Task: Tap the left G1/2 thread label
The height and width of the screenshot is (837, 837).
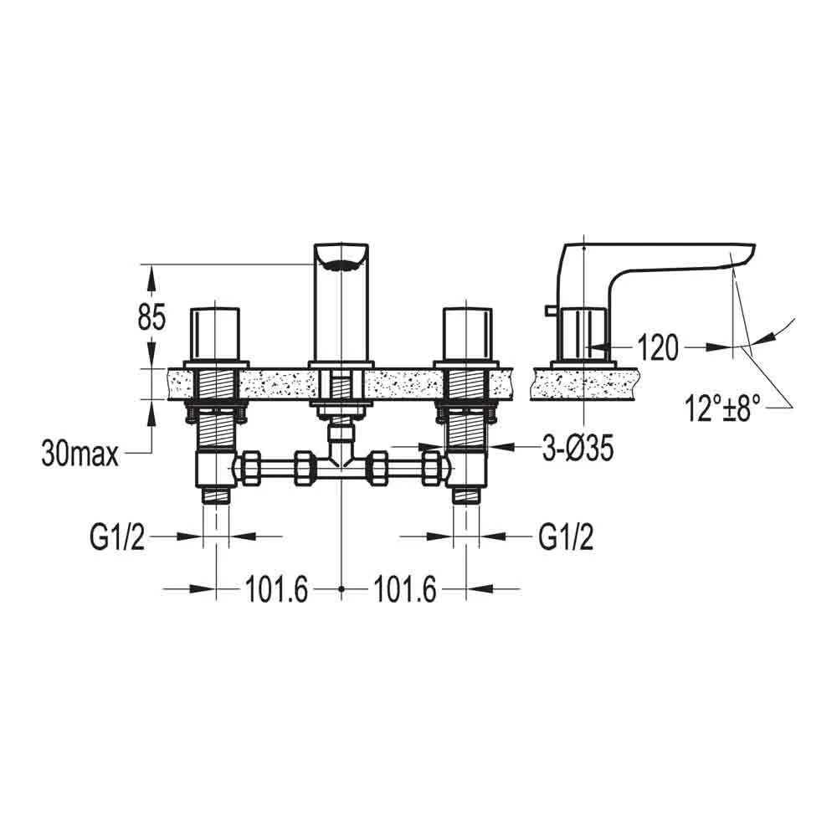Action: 117,538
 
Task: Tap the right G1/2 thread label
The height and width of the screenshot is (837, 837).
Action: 566,538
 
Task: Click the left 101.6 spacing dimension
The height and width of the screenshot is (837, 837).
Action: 277,591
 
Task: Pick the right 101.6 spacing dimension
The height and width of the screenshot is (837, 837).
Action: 405,591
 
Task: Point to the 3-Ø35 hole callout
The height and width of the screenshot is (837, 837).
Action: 575,449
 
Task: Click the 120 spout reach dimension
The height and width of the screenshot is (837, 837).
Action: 657,347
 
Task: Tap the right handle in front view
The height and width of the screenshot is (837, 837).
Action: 465,333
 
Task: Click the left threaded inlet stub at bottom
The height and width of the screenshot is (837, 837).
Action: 216,495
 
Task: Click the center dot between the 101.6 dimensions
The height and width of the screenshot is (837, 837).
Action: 341,590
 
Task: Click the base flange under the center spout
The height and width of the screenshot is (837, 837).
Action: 341,364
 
